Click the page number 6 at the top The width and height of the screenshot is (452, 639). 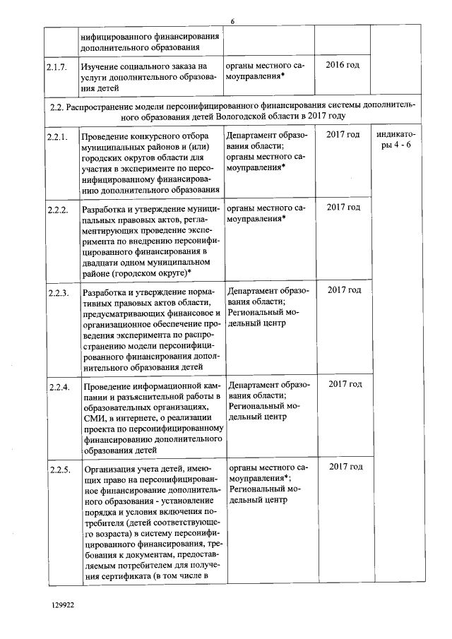(x=232, y=22)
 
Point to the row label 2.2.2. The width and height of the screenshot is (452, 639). (x=57, y=210)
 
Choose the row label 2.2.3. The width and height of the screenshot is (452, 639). (x=58, y=293)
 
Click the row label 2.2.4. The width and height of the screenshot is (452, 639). (x=59, y=386)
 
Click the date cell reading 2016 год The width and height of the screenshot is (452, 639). (x=343, y=65)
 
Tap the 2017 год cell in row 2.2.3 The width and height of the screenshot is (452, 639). (x=345, y=290)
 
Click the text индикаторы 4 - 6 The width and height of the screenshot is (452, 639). (x=395, y=140)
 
